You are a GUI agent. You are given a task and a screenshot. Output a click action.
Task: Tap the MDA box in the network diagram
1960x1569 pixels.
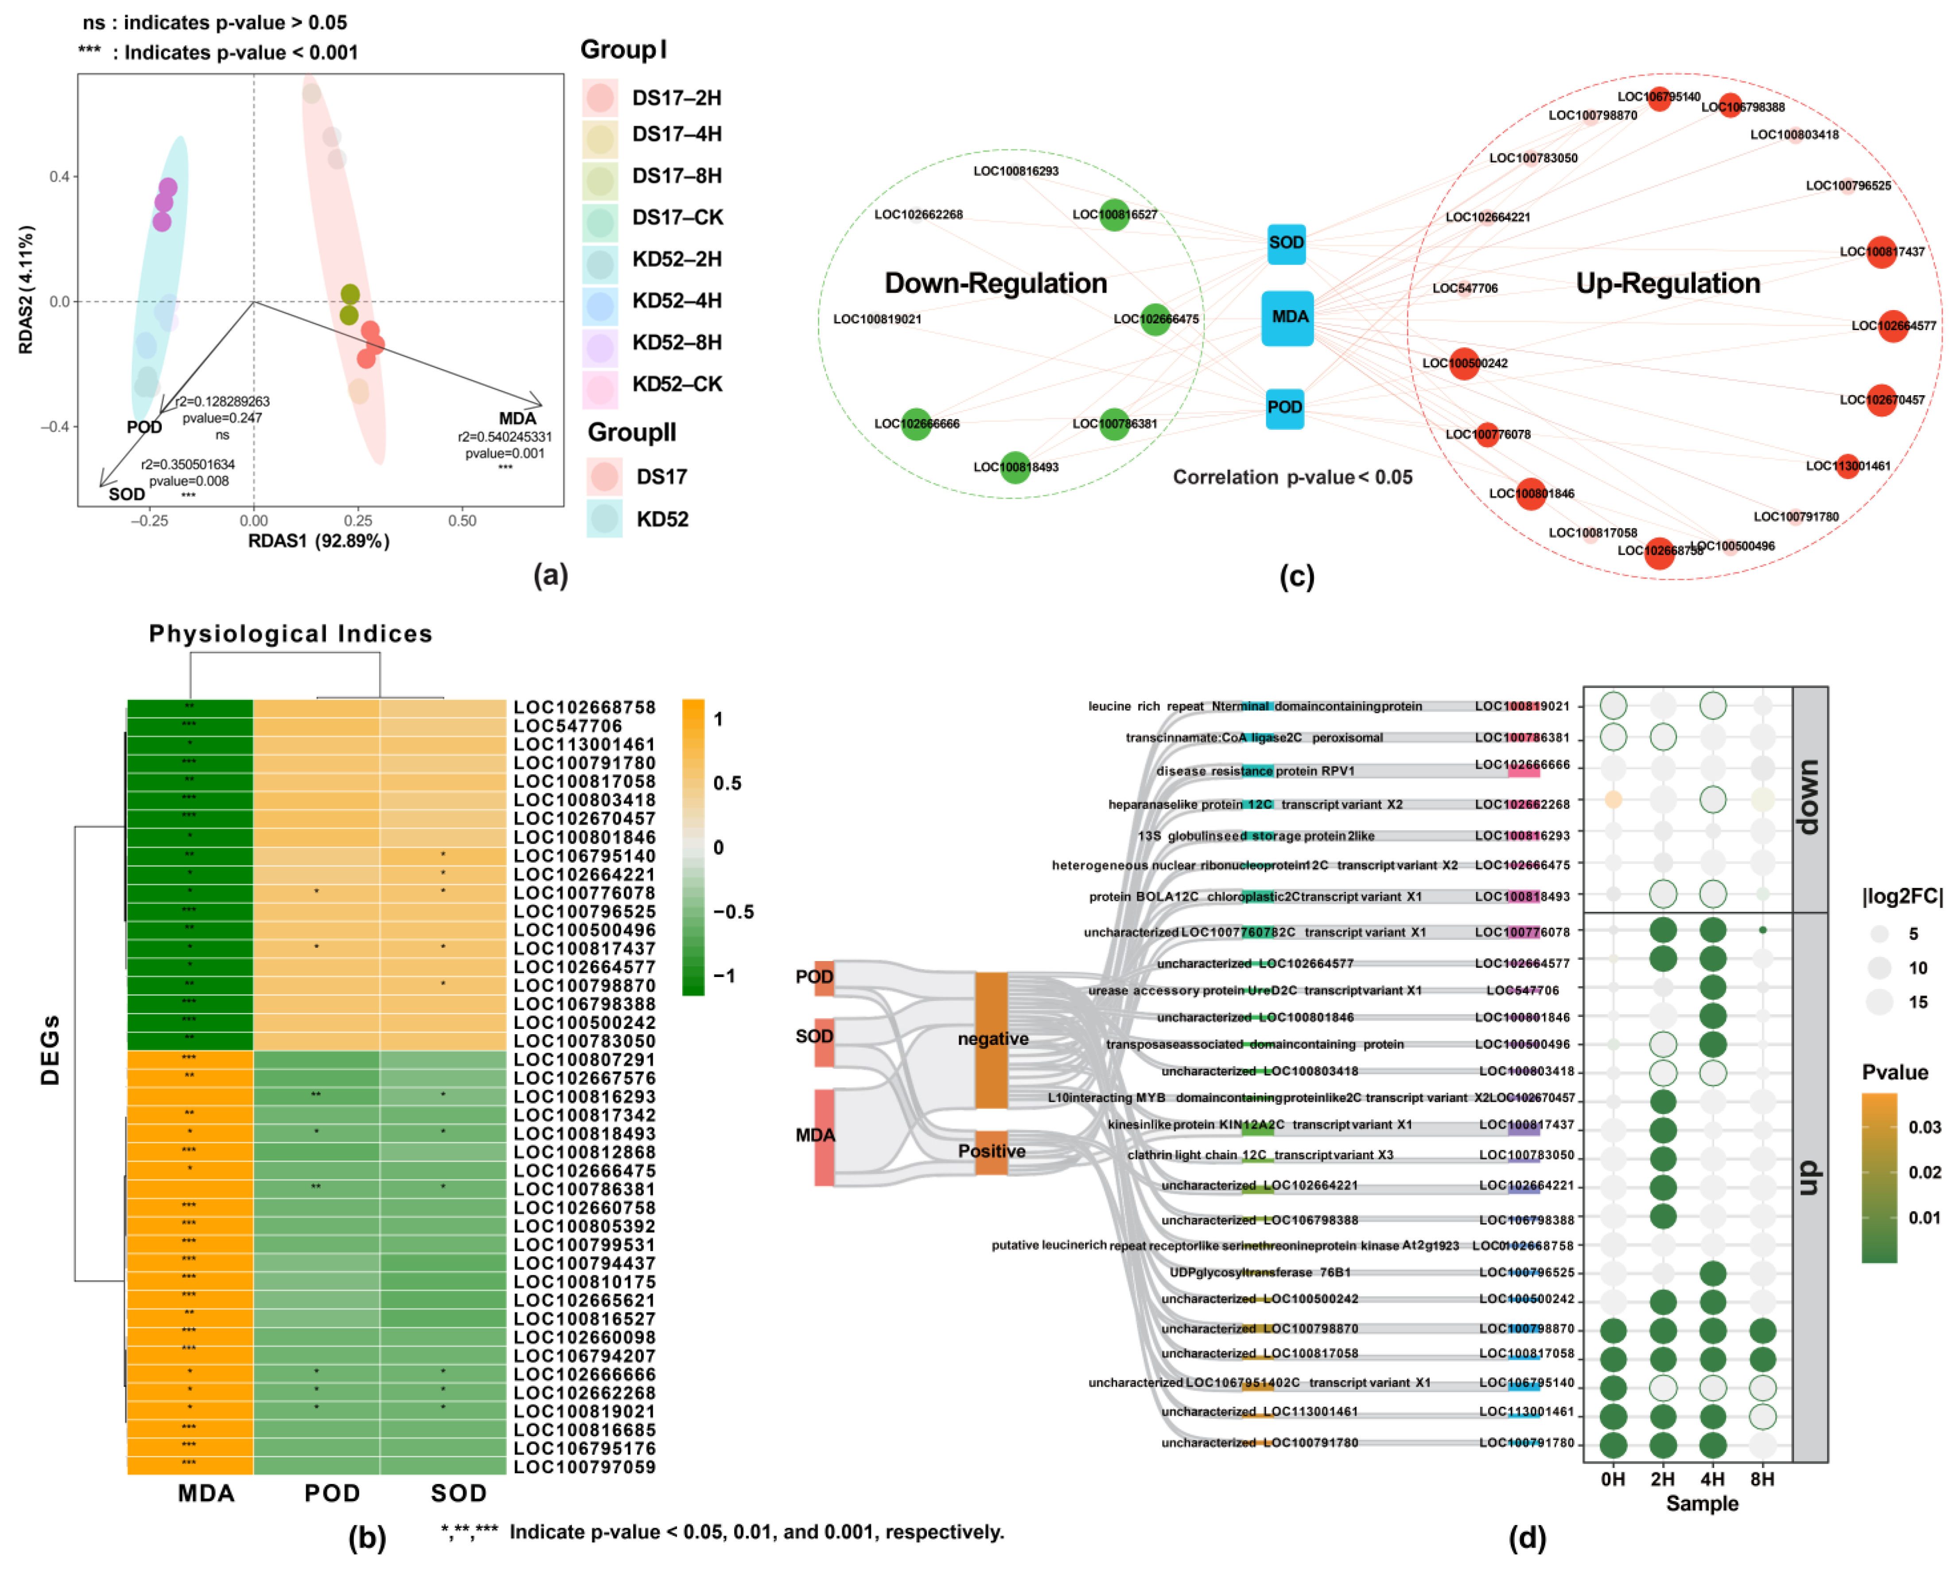1287,317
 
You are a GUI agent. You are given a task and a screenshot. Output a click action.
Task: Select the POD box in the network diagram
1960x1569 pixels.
1284,407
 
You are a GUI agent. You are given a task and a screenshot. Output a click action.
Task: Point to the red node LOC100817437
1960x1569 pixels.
1880,252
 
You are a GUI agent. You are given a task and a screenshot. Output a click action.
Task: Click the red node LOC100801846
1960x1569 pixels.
1531,494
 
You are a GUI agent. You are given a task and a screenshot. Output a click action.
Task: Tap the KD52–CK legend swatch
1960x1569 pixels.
600,385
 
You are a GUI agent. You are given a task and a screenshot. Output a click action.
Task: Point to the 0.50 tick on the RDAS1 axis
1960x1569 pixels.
462,521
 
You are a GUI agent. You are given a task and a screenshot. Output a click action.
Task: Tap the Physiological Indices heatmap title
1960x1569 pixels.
291,634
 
